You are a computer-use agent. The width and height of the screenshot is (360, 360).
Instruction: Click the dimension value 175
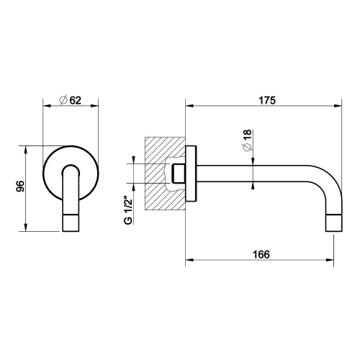point(267,102)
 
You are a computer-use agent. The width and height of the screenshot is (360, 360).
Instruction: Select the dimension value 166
point(263,253)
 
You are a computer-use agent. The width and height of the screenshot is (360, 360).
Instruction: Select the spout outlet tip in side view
point(334,222)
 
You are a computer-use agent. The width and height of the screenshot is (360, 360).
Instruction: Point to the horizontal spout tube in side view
point(259,175)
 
